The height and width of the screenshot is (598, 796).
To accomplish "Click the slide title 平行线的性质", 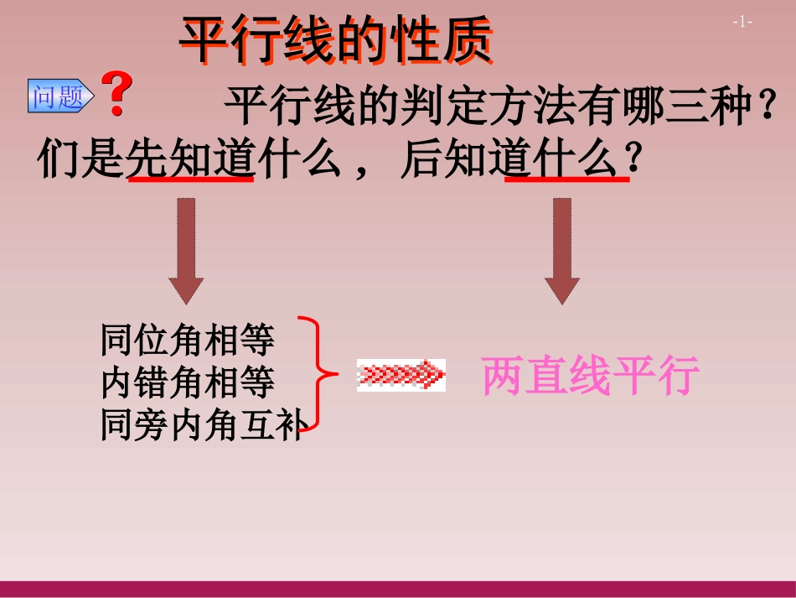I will tap(336, 41).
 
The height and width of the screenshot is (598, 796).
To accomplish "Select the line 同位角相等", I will tap(188, 341).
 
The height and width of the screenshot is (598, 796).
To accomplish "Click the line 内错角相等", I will tap(188, 383).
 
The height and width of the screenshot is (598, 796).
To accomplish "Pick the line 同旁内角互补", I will tap(201, 425).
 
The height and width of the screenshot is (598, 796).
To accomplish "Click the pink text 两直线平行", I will tap(590, 378).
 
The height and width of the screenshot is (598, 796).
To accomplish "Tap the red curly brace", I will tap(320, 374).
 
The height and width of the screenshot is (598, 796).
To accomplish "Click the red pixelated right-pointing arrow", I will tap(401, 374).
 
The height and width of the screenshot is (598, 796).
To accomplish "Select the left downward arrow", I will tap(186, 250).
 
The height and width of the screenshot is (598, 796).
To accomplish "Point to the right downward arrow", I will tap(561, 250).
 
